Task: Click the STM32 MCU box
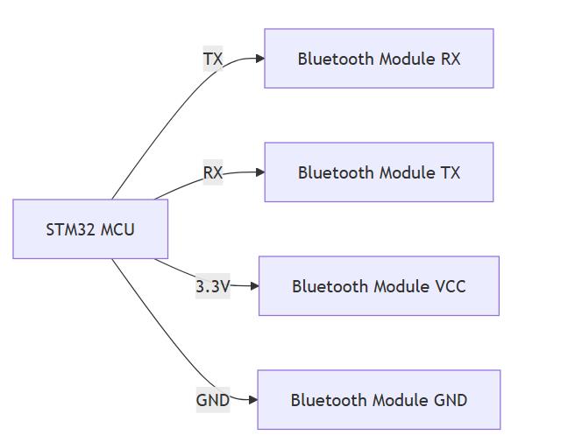coord(90,229)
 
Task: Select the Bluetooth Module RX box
coord(379,59)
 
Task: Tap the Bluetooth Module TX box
coord(379,172)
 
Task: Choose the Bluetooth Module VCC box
coord(379,286)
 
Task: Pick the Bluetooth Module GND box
coord(379,400)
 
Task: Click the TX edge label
coord(213,60)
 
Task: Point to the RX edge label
coord(213,172)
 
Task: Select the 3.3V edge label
coord(212,286)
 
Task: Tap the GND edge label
coord(212,400)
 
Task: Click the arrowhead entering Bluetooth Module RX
coord(260,59)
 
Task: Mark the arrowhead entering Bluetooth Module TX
coord(260,172)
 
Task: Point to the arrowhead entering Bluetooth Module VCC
coord(254,286)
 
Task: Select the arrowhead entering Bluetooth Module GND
coord(252,400)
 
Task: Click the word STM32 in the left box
coord(71,230)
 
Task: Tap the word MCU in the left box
coord(118,230)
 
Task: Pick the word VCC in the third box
coord(450,286)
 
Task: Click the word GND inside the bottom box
coord(451,400)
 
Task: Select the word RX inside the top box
coord(449,59)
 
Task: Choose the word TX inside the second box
coord(449,172)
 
